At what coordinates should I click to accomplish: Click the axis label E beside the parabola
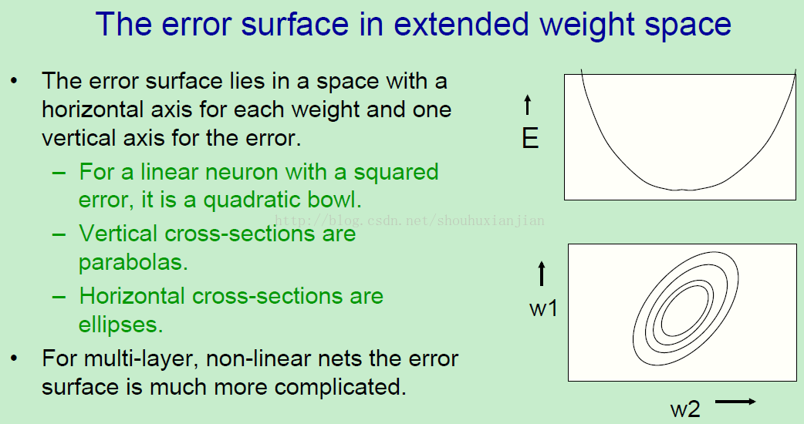[x=530, y=138]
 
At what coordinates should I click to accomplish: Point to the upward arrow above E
[x=528, y=105]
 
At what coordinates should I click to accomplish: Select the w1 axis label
[x=543, y=308]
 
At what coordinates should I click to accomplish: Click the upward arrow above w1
[x=542, y=274]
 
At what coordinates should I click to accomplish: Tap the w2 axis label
[x=685, y=409]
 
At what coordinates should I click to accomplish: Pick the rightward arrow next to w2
[x=735, y=402]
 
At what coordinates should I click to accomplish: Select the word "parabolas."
[x=133, y=261]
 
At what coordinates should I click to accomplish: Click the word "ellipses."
[x=120, y=324]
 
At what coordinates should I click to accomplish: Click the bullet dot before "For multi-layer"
[x=15, y=358]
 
